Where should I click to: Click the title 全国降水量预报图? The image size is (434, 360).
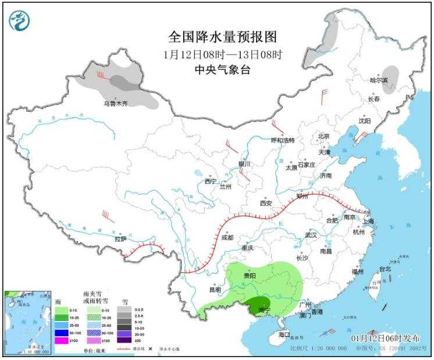(x=223, y=37)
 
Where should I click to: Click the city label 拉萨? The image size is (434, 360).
(x=120, y=238)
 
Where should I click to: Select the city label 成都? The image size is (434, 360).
(x=227, y=237)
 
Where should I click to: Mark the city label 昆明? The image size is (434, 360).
(x=215, y=289)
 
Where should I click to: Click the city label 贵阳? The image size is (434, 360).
(x=250, y=275)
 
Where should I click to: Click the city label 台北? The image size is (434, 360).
(x=385, y=269)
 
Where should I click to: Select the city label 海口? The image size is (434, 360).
(x=284, y=334)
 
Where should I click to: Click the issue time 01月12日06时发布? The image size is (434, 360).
(x=382, y=338)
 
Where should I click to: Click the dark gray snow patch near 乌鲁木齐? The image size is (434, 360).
(x=121, y=82)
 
